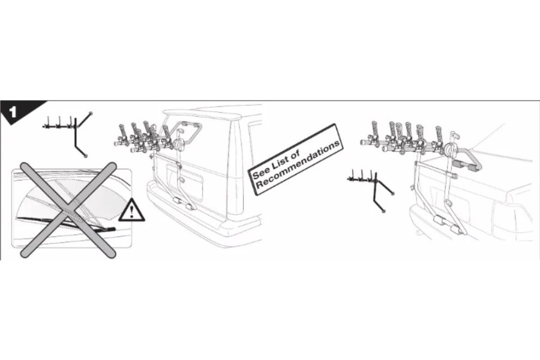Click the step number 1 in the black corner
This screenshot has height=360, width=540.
pos(13,112)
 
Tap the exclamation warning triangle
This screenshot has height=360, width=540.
pos(131,210)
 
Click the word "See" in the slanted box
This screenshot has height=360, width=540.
pos(260,172)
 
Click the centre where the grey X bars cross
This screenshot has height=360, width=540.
pos(68,210)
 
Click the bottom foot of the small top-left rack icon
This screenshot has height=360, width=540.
pos(85,156)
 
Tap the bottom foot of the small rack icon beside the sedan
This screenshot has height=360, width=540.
pos(384,211)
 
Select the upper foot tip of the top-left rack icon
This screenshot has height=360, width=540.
pos(91,113)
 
